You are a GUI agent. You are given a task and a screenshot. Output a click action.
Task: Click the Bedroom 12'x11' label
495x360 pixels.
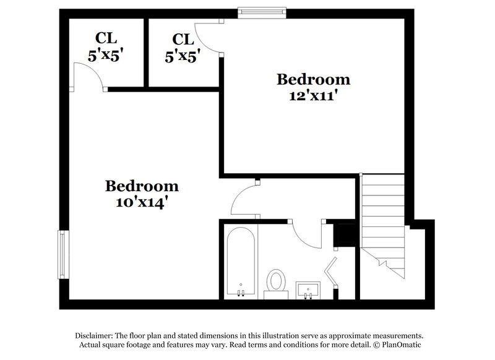coord(313,87)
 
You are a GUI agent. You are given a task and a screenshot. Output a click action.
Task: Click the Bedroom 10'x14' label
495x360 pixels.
coord(142,194)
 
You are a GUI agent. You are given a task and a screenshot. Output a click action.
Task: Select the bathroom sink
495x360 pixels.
coord(308,289)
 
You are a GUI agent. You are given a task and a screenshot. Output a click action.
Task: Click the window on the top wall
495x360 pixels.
coord(263,10)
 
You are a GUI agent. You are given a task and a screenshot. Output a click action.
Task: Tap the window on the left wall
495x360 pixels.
coord(62,254)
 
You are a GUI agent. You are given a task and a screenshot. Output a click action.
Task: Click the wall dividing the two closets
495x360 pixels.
coord(146,53)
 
